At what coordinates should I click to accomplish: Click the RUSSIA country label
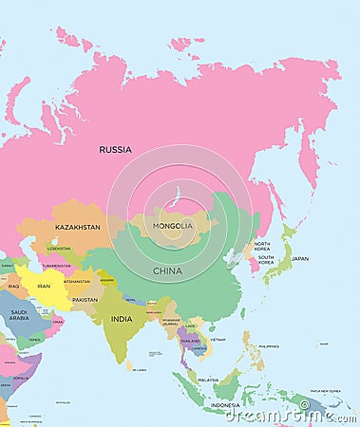click(115, 149)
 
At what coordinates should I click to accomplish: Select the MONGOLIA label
click(173, 226)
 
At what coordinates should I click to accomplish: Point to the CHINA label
click(168, 270)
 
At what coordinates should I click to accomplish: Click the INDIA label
click(121, 319)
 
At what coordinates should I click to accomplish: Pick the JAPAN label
click(299, 258)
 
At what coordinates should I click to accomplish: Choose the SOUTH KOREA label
click(266, 260)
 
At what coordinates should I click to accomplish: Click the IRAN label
click(44, 286)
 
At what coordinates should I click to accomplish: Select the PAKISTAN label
click(85, 300)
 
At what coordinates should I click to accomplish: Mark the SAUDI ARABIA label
click(19, 315)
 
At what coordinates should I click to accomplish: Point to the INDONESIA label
click(224, 405)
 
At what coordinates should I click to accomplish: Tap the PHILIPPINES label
click(269, 346)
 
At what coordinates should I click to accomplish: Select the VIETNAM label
click(218, 339)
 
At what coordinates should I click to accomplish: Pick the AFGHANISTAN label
click(77, 281)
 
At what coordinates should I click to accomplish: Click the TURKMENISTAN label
click(57, 266)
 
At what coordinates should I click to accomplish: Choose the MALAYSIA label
click(208, 379)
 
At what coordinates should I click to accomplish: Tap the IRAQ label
click(13, 285)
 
